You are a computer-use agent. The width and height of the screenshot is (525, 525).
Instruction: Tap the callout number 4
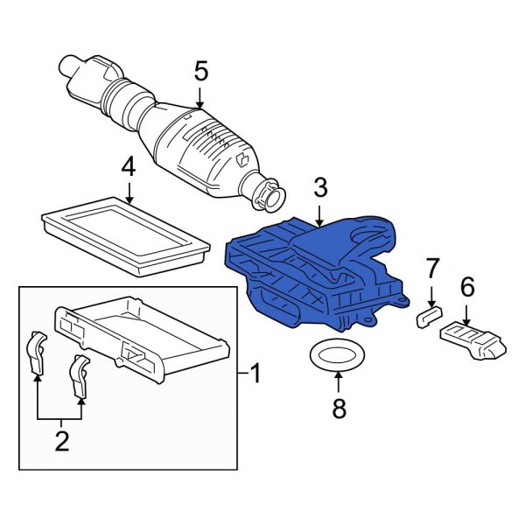[x=128, y=166]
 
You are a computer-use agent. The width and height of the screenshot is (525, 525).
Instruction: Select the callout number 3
[x=320, y=187]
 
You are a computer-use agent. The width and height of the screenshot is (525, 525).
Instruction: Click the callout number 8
[x=339, y=407]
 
